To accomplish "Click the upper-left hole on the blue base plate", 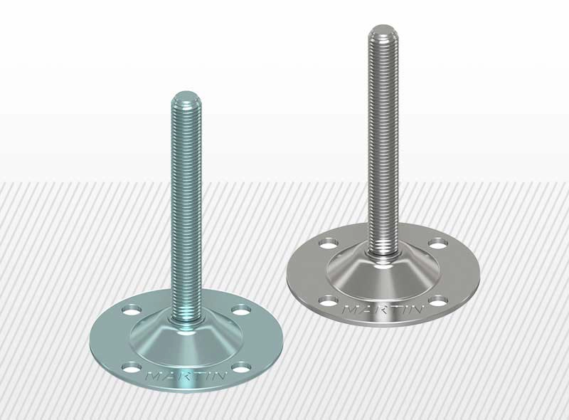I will tap(132, 310).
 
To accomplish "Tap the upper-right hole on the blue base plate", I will tap(243, 310).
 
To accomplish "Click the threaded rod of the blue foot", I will tap(187, 214).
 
